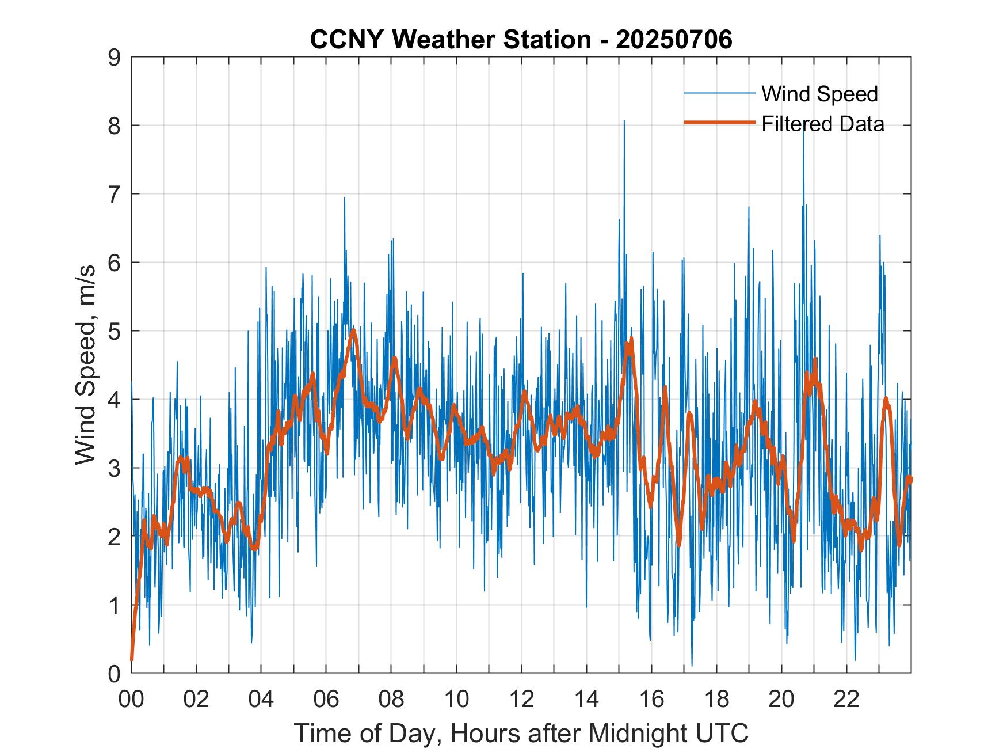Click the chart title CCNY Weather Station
coord(450,40)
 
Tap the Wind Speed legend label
coord(819,94)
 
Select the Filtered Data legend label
coord(822,124)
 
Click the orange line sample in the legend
coord(719,123)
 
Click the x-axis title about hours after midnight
coord(521,733)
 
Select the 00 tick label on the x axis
coord(131,699)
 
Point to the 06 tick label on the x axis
coord(326,699)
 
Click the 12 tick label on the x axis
coord(521,699)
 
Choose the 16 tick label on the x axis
coord(651,699)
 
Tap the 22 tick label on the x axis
coord(846,699)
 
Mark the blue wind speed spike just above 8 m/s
coord(624,121)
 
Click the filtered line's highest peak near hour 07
coord(353,330)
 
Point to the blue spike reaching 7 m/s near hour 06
coord(345,199)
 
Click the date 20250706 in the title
coord(674,40)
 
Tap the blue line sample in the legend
coord(719,93)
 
